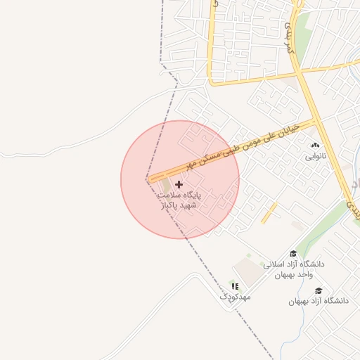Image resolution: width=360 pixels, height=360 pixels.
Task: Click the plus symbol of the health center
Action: [179, 184]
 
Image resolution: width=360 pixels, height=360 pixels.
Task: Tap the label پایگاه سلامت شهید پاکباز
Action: [179, 199]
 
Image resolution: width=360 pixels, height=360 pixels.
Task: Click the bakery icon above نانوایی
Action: [314, 146]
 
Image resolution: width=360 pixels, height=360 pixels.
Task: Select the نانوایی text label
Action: [315, 156]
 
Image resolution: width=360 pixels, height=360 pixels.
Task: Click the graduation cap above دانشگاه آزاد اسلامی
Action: [293, 254]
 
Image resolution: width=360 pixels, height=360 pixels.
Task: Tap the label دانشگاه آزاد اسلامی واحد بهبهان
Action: [294, 269]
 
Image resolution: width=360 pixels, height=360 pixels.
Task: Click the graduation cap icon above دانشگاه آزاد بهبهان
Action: [319, 290]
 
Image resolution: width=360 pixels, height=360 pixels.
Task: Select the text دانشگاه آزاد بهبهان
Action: [318, 301]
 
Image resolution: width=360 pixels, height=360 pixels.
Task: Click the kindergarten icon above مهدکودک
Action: [235, 286]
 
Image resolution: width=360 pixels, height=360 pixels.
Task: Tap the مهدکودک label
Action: [235, 297]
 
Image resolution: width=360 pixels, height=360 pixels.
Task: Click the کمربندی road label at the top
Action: [289, 39]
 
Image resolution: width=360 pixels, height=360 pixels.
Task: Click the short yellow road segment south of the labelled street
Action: [269, 213]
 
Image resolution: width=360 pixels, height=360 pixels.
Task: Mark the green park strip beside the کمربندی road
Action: [302, 35]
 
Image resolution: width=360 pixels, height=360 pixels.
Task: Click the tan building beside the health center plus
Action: [167, 186]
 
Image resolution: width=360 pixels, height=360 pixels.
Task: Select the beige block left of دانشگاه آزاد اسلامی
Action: [246, 271]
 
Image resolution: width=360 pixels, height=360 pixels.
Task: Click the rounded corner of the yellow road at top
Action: [212, 83]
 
